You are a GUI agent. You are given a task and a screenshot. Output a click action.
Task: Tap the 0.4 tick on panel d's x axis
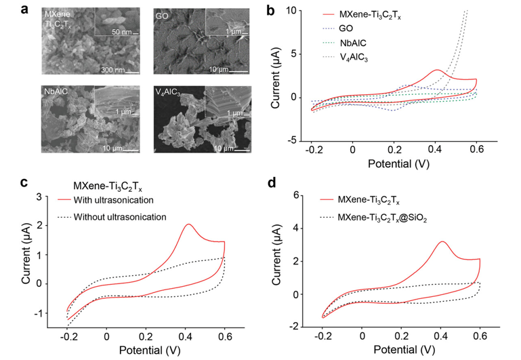pos(442,336)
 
